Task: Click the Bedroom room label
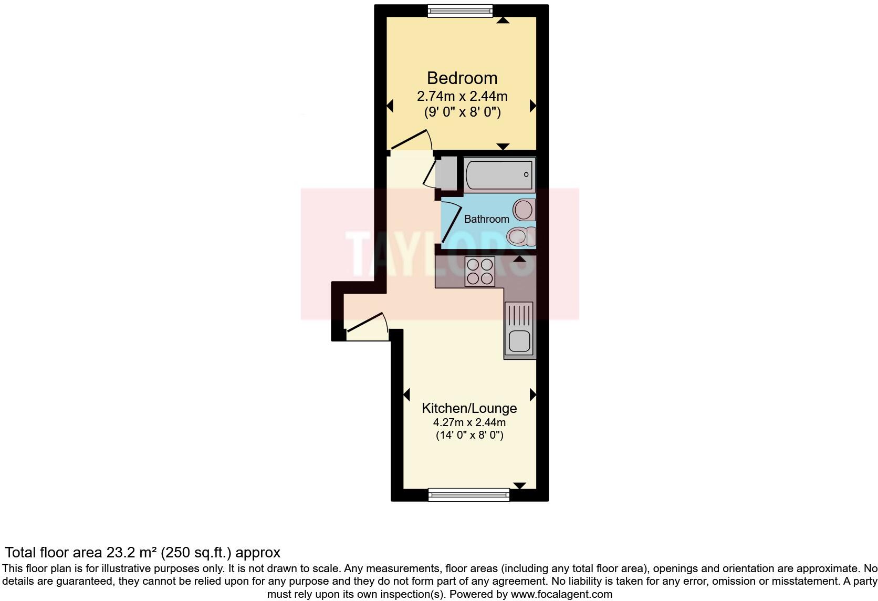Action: click(462, 78)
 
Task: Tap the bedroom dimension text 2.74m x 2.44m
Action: click(462, 97)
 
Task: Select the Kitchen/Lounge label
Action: click(469, 408)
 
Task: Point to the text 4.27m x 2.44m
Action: click(469, 422)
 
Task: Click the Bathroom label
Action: click(486, 219)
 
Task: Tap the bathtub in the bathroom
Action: click(499, 174)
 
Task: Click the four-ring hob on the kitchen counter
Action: click(480, 272)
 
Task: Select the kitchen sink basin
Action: click(519, 341)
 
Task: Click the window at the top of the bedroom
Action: click(460, 11)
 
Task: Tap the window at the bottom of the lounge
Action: click(469, 494)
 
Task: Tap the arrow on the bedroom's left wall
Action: click(390, 106)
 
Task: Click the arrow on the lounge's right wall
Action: click(533, 395)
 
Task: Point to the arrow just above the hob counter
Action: click(520, 259)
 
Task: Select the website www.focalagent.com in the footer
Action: click(561, 595)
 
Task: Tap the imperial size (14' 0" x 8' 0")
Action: click(469, 436)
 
